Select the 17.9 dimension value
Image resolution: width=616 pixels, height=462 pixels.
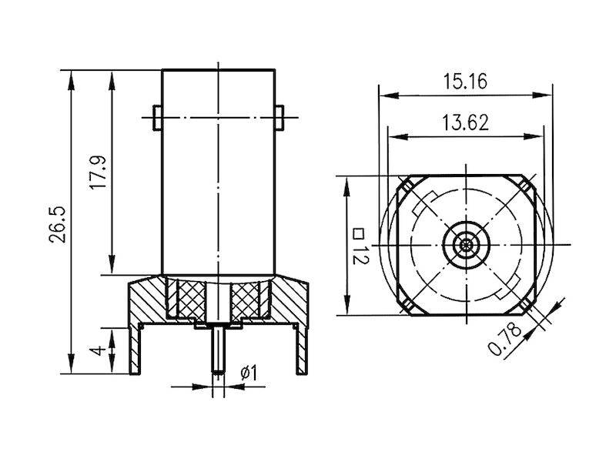97,175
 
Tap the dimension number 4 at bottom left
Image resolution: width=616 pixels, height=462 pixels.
97,351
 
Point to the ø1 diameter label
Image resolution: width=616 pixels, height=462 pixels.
248,373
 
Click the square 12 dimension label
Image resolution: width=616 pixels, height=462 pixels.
358,246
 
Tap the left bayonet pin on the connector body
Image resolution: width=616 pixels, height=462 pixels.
157,116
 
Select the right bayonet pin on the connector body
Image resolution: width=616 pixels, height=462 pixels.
280,116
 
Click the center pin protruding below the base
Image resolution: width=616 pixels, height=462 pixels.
218,350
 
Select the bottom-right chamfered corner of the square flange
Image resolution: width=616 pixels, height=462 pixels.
527,306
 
